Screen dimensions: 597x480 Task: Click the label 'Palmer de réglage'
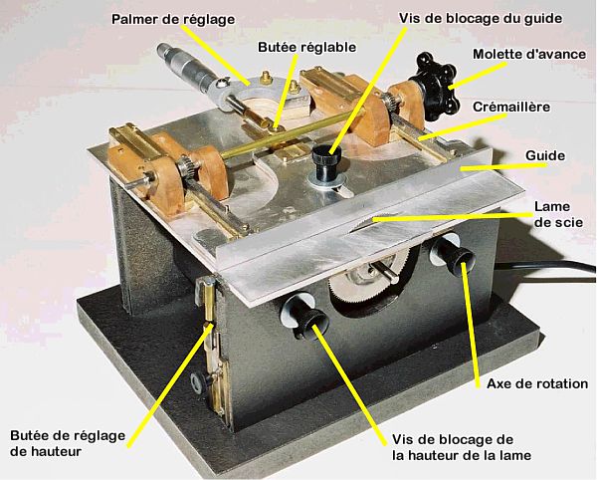pyautogui.click(x=173, y=19)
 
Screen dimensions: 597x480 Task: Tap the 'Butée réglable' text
pyautogui.click(x=306, y=47)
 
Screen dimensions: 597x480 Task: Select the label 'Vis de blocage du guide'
pyautogui.click(x=481, y=18)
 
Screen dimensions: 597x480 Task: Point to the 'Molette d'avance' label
pyautogui.click(x=529, y=54)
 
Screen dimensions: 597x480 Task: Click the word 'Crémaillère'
pyautogui.click(x=511, y=107)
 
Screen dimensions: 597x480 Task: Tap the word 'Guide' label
pyautogui.click(x=545, y=155)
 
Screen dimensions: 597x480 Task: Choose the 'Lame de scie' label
pyautogui.click(x=558, y=214)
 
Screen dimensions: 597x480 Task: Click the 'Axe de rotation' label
pyautogui.click(x=537, y=383)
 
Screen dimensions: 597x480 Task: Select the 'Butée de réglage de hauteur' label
pyautogui.click(x=68, y=443)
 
